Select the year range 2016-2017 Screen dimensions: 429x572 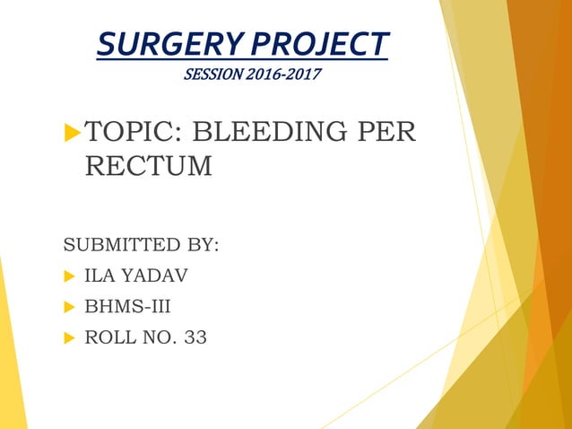coord(282,73)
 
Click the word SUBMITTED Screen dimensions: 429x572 coord(125,245)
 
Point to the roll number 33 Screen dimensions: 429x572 coord(195,338)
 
